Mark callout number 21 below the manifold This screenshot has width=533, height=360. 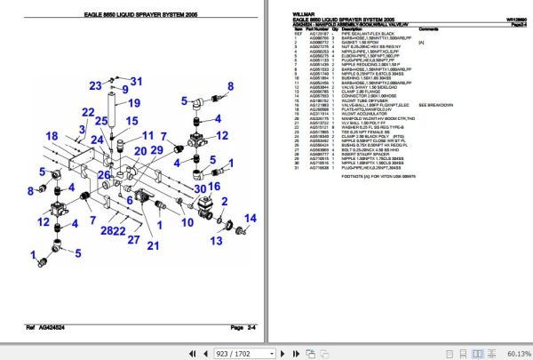(x=152, y=246)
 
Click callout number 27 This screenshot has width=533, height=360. (x=133, y=240)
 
